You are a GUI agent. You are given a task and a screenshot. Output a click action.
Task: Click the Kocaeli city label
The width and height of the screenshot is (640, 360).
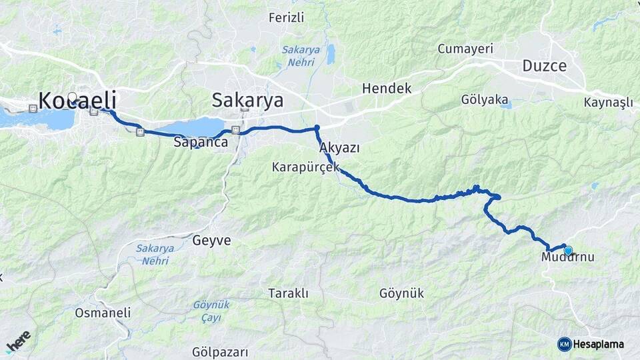coord(77,101)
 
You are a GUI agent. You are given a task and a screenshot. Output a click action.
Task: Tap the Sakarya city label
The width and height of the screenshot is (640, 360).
coord(247,101)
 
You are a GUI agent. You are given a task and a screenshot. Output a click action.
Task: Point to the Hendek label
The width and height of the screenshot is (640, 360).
coord(387,88)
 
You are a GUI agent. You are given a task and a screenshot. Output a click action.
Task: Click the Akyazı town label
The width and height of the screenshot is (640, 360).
coord(339,147)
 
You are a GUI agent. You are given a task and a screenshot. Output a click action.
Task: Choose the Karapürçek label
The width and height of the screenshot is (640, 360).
coord(306,167)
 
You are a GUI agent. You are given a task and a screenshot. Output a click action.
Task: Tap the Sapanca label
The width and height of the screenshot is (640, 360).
coord(201,142)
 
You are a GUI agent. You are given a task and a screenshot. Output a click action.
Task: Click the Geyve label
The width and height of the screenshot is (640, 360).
coord(212,240)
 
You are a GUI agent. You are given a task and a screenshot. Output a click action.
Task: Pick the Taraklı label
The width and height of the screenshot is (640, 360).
coord(288,293)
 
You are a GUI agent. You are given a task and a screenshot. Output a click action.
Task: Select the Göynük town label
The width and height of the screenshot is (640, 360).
coord(401,293)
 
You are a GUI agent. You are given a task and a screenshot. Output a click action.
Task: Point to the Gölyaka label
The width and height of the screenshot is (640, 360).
coord(485,99)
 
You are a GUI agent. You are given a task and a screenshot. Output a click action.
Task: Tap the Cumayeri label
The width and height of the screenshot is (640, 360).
coord(465,49)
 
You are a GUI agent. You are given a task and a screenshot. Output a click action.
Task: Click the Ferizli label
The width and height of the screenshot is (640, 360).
coord(286,17)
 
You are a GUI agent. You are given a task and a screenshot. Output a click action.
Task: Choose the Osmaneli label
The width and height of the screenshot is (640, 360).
coord(103,312)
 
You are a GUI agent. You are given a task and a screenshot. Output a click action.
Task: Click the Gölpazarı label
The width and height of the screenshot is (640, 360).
coord(220,351)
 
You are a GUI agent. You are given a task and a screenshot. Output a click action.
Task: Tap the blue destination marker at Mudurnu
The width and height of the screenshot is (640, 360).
coord(568,251)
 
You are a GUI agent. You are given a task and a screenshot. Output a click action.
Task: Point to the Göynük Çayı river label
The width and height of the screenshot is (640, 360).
coord(211,310)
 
